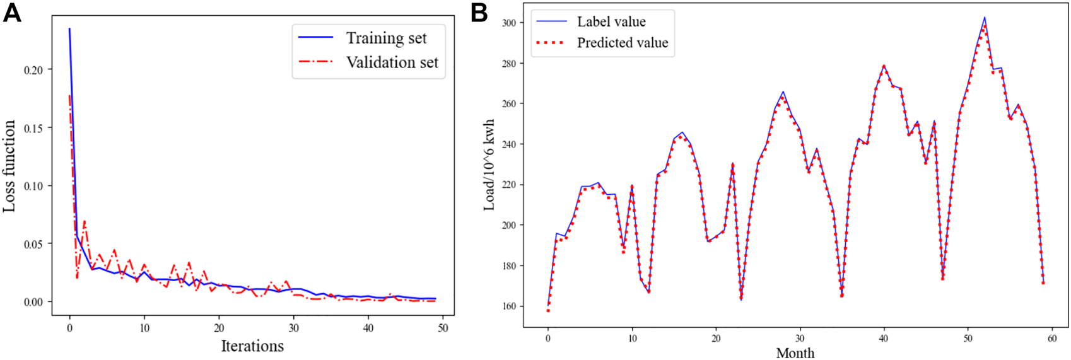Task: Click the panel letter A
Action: click(x=11, y=13)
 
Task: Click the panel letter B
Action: click(x=479, y=13)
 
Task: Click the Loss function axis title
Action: click(x=9, y=166)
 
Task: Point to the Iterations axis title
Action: click(x=252, y=346)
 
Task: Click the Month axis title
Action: click(x=795, y=352)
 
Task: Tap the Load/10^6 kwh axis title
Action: click(x=489, y=165)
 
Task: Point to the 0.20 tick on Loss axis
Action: click(x=33, y=69)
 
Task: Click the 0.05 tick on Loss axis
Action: click(x=33, y=244)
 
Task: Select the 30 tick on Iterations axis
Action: click(x=293, y=328)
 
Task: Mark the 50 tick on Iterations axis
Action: click(x=443, y=328)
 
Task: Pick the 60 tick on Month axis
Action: click(x=1051, y=339)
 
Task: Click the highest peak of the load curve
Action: click(x=984, y=18)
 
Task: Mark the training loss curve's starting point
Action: click(x=69, y=28)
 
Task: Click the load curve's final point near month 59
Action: click(x=1043, y=283)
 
